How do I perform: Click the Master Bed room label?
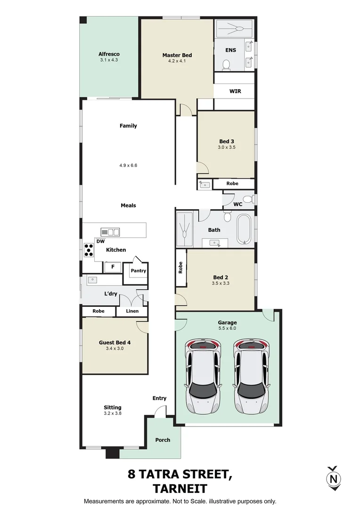(x=177, y=55)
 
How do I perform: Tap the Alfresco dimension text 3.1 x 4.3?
(x=109, y=60)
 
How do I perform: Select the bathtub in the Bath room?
(x=244, y=229)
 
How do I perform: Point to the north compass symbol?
(x=334, y=478)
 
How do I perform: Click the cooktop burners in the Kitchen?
(x=88, y=249)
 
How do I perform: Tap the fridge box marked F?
(x=112, y=267)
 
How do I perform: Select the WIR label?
(x=235, y=91)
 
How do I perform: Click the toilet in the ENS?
(x=226, y=65)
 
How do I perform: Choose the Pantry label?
(x=138, y=271)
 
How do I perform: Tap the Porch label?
(x=163, y=440)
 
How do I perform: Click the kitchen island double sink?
(x=110, y=231)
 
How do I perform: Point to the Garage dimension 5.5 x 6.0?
(x=227, y=328)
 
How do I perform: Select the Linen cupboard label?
(x=133, y=311)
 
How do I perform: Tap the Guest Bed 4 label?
(x=115, y=343)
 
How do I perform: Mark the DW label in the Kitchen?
(x=100, y=241)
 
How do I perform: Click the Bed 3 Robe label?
(x=232, y=183)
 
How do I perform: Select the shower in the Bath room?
(x=185, y=229)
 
